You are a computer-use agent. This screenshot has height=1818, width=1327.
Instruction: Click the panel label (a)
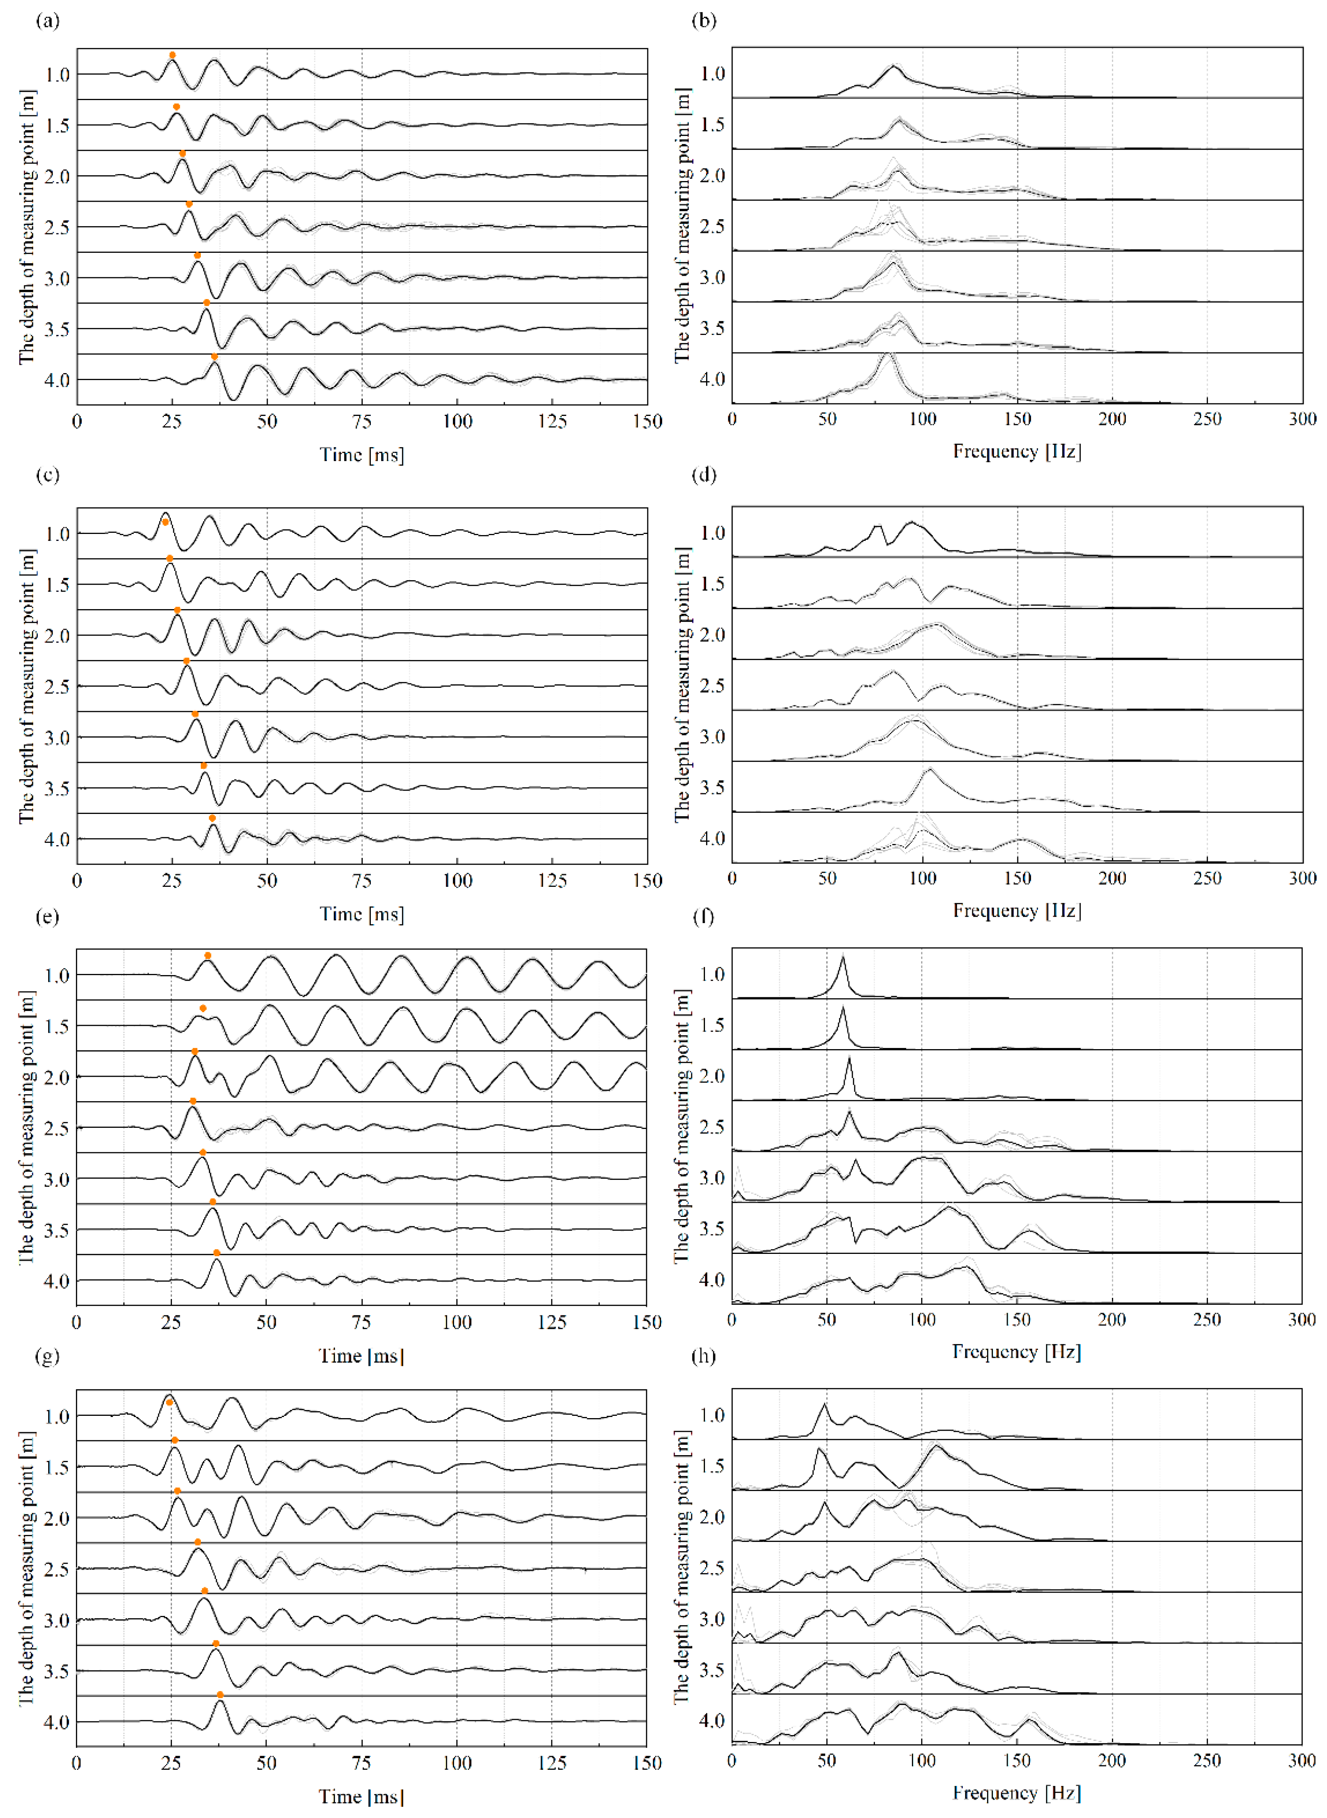(x=47, y=21)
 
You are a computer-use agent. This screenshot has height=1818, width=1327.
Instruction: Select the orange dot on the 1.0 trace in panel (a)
(x=172, y=55)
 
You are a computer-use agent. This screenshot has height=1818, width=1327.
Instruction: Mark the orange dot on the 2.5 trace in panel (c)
(x=186, y=660)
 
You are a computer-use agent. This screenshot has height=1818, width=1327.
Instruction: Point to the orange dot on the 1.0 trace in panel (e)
(x=207, y=955)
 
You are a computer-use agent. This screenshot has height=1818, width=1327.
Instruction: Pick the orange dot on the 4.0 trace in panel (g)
(x=220, y=1694)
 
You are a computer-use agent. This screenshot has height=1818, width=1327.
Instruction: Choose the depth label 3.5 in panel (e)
(x=56, y=1230)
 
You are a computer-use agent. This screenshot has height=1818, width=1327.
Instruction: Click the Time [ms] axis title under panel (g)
(x=362, y=1796)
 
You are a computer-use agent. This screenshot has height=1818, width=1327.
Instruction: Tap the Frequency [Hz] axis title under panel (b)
(x=1017, y=451)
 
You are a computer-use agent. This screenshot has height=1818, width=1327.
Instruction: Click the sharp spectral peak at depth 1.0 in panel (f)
(x=843, y=958)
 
